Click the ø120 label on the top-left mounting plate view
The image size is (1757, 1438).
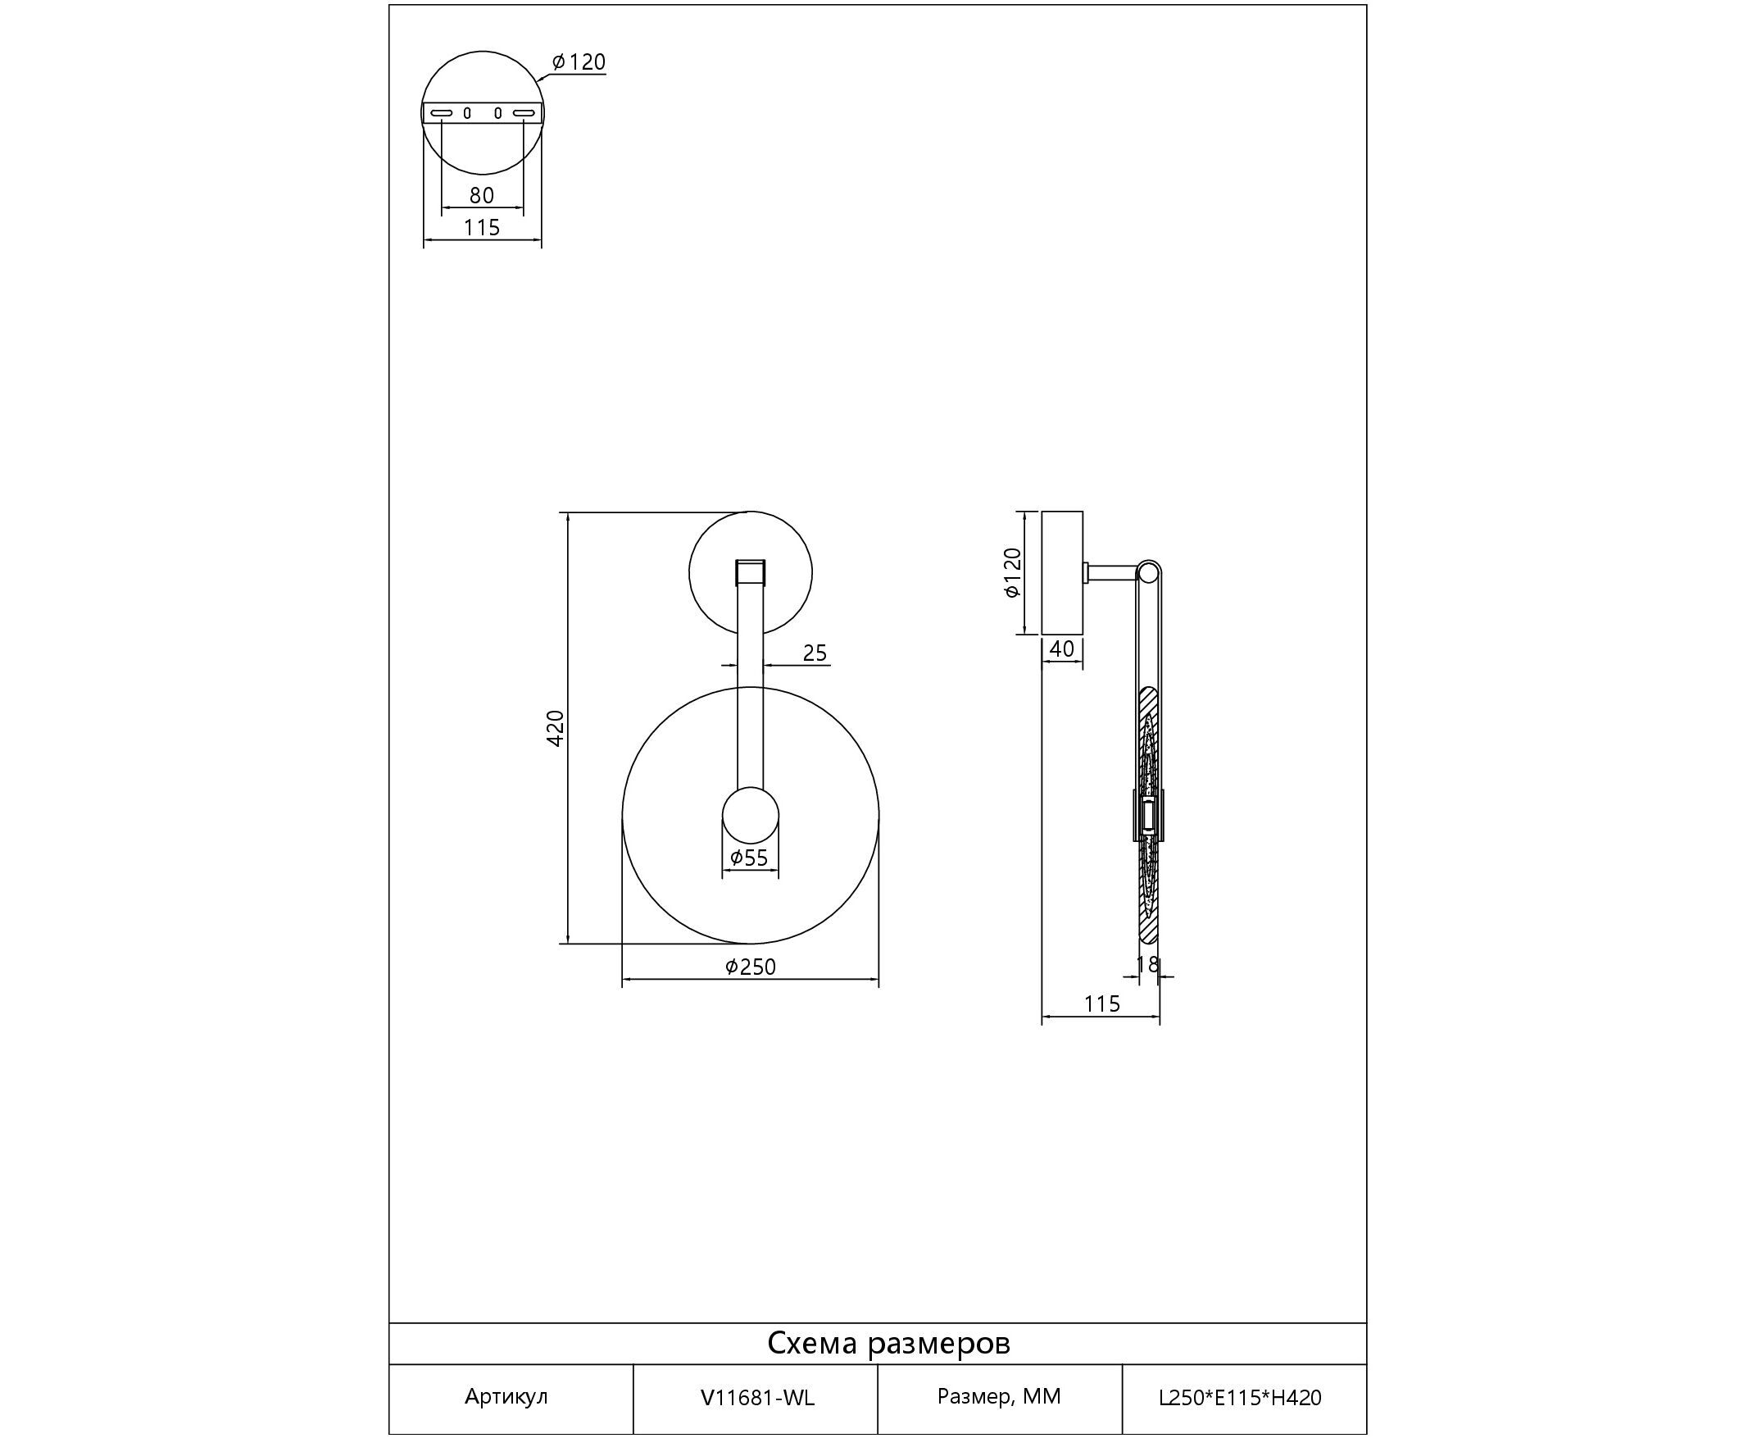[579, 62]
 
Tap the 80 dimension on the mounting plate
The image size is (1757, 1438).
[482, 195]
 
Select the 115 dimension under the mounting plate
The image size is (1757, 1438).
[482, 227]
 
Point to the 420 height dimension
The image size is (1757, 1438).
[556, 728]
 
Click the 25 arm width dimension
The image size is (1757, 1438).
[815, 653]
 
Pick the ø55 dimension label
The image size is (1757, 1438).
[750, 858]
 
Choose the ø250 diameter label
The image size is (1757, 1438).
[751, 967]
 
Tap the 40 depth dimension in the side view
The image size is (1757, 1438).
[1061, 648]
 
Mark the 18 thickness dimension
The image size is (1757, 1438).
[1147, 964]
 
